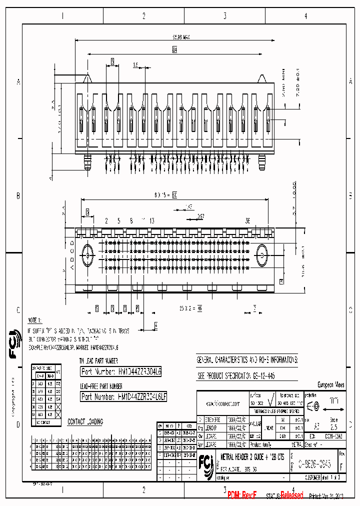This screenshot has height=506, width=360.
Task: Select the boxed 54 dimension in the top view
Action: click(x=174, y=50)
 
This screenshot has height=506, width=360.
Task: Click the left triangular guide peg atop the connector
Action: click(x=88, y=78)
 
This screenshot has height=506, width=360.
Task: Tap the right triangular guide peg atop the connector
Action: click(x=261, y=78)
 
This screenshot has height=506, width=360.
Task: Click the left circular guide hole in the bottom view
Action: click(x=88, y=254)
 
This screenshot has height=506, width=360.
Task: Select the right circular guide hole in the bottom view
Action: click(x=262, y=254)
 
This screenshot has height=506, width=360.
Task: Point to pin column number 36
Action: click(x=247, y=220)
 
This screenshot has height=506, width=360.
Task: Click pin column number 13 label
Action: click(x=151, y=220)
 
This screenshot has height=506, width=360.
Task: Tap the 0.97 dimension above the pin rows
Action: click(x=200, y=216)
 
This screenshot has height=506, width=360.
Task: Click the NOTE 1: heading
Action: click(x=34, y=319)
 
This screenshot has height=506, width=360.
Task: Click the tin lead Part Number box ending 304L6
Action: click(x=121, y=371)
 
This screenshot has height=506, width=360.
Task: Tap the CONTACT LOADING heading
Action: click(x=85, y=422)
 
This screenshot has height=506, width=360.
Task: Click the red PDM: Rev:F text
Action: click(x=242, y=495)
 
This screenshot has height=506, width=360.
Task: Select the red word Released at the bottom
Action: click(x=291, y=495)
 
